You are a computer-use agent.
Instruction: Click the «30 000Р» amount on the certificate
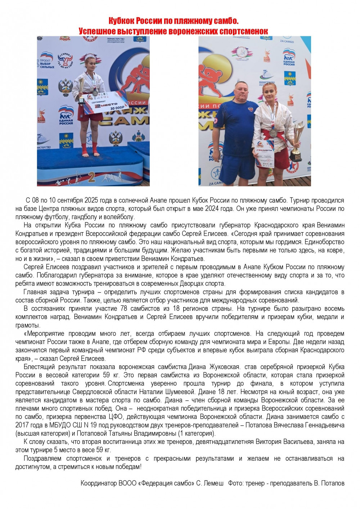click(x=117, y=108)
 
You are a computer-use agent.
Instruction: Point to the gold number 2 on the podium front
click(x=91, y=177)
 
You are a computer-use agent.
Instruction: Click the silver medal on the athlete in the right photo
click(x=274, y=132)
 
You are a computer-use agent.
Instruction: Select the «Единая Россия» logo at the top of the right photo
click(x=289, y=58)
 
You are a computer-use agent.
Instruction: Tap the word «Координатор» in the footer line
click(x=99, y=483)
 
